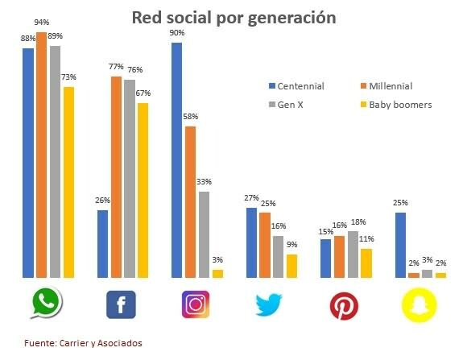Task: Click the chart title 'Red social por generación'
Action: (233, 17)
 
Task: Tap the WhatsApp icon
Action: (48, 304)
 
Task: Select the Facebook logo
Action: (121, 304)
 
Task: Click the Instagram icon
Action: (195, 304)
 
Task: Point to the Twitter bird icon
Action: (269, 304)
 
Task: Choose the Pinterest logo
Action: (344, 305)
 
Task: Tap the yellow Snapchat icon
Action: (417, 304)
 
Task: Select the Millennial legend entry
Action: (389, 86)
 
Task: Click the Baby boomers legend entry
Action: (395, 105)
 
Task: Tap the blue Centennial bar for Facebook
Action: (102, 243)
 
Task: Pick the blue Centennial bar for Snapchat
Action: (400, 245)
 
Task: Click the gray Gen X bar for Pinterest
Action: (353, 254)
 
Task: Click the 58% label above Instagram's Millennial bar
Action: (191, 118)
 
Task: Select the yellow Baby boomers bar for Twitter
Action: (291, 266)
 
